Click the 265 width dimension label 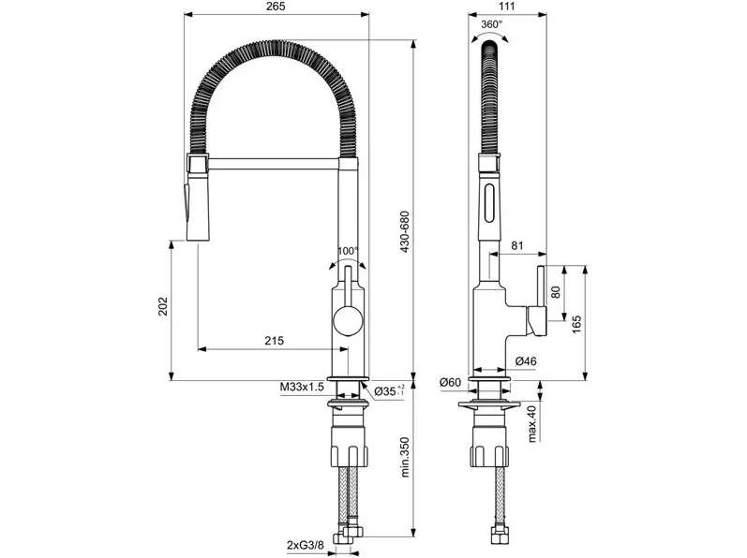pos(276,7)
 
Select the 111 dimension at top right pos(508,7)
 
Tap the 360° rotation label pos(491,24)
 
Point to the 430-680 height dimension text pos(405,231)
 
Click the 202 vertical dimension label pos(163,307)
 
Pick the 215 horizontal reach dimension pos(274,341)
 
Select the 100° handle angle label pos(348,251)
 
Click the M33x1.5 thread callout pos(302,387)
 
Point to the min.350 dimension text pos(405,458)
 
